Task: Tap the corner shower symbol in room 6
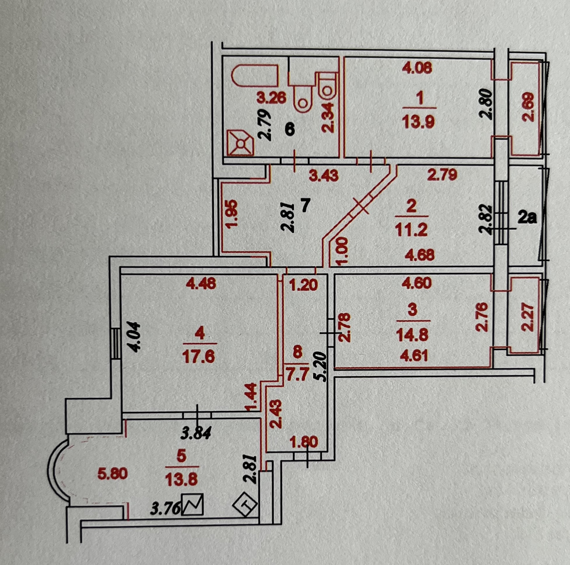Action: (240, 144)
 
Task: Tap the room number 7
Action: (305, 205)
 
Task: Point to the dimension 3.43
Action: (323, 176)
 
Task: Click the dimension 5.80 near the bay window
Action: (113, 474)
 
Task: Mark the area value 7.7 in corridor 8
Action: (297, 372)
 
